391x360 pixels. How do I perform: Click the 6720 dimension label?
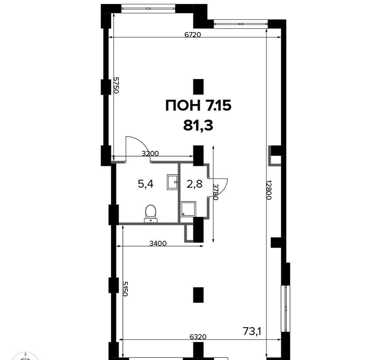[192, 35]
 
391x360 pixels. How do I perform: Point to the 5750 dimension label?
[116, 85]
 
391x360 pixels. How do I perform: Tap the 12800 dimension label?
[269, 190]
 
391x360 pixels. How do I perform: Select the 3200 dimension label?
[150, 153]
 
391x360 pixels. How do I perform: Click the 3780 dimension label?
[216, 192]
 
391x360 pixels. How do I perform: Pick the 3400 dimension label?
[158, 243]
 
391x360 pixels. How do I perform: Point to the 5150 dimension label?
[125, 289]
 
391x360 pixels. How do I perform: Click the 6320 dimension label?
[198, 337]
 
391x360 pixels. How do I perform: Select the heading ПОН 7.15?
[199, 106]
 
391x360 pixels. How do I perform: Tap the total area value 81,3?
[198, 126]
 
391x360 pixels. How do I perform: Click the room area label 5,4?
[145, 184]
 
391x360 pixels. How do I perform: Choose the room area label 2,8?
[194, 184]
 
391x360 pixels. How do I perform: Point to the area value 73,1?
[252, 331]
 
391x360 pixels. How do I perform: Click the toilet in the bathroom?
[151, 214]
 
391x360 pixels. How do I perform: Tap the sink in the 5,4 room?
[172, 182]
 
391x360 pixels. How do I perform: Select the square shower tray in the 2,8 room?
[188, 209]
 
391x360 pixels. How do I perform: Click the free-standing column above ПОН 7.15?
[199, 87]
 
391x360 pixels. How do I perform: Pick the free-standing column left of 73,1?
[199, 295]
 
